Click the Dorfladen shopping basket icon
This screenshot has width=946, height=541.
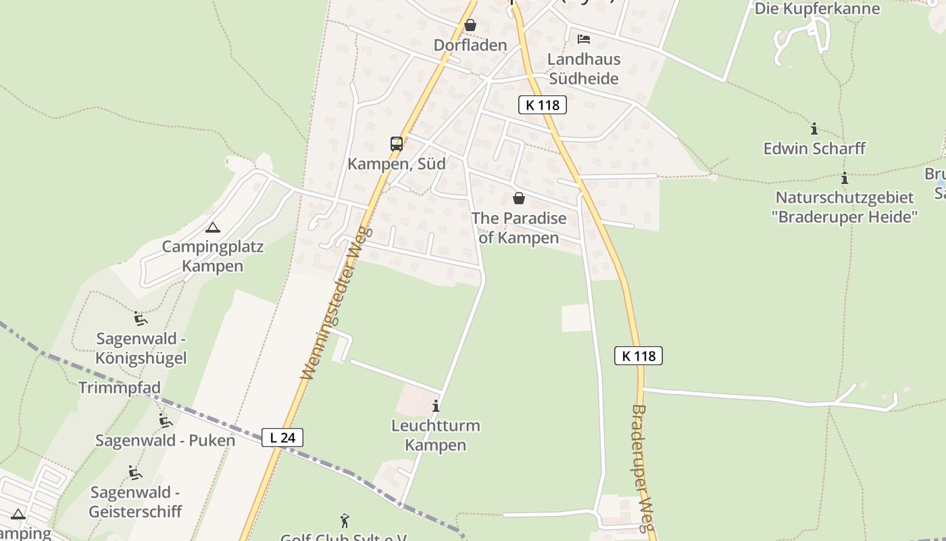470,26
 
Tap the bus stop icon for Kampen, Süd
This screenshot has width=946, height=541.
397,144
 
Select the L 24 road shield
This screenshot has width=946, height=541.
282,438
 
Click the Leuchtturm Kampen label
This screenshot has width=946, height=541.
436,435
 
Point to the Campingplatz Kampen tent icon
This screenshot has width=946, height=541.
213,228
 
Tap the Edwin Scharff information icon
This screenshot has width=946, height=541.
814,128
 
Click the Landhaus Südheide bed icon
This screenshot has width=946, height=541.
584,39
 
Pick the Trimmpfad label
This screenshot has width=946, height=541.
120,387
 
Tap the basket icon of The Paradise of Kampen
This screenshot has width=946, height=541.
519,198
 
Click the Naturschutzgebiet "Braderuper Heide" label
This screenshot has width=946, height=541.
845,207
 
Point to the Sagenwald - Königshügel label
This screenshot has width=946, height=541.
141,348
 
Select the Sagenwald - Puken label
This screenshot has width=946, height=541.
165,440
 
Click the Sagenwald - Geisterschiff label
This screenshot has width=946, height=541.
136,501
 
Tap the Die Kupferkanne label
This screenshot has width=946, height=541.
817,9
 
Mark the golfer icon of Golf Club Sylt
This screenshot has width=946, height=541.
345,521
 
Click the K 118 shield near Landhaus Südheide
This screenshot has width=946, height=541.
543,105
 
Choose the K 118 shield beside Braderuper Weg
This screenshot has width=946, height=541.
639,356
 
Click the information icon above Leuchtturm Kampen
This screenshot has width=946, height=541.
436,406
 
